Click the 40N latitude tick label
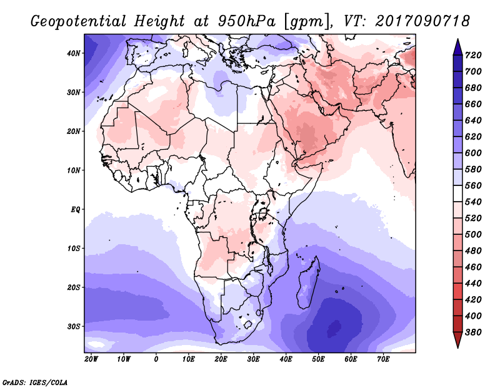pos(74,53)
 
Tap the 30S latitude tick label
pos(74,327)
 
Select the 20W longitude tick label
pos(91,359)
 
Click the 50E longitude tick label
pos(318,359)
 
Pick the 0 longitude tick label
pos(156,359)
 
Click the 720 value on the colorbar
pos(473,55)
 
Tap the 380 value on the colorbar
pos(473,333)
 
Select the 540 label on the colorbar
pos(473,202)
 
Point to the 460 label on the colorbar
pos(473,267)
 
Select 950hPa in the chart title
pos(247,21)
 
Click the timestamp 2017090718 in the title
pos(422,21)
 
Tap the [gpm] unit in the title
pos(306,22)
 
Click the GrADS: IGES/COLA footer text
pos(35,383)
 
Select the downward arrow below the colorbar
pos(457,340)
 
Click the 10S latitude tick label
pos(74,249)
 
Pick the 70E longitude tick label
pos(383,359)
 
